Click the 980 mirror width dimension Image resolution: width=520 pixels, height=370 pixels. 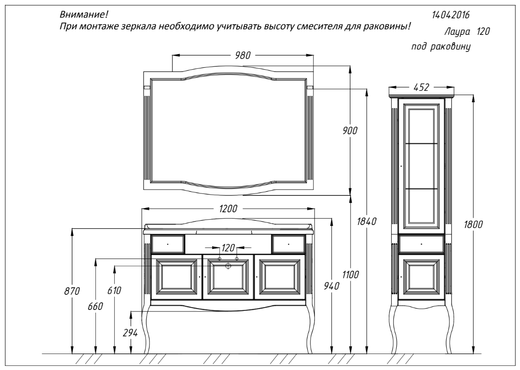point(243,55)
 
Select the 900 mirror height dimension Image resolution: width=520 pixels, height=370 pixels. point(350,131)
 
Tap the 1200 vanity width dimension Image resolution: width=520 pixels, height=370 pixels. point(228,209)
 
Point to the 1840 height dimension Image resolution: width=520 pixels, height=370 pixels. point(366,221)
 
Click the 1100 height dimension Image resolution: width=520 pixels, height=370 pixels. point(350,275)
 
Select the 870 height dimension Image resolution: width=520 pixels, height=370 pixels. point(72,291)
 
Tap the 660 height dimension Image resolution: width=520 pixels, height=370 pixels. point(95,306)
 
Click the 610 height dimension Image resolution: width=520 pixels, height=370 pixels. point(114,290)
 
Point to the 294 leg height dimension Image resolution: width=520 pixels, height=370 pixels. point(130,333)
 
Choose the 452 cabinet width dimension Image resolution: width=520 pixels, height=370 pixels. point(421,87)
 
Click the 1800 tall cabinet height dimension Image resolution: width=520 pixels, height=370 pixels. point(473,225)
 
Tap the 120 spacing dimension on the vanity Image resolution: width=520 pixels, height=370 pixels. point(228,248)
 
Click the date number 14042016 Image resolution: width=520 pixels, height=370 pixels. point(451,15)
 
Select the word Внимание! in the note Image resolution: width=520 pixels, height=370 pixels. point(84,15)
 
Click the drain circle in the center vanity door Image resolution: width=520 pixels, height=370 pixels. point(228,265)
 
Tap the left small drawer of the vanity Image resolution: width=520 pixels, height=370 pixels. point(168,244)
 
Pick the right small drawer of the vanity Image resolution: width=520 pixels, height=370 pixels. point(288,244)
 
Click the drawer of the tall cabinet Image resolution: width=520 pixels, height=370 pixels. point(421,244)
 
